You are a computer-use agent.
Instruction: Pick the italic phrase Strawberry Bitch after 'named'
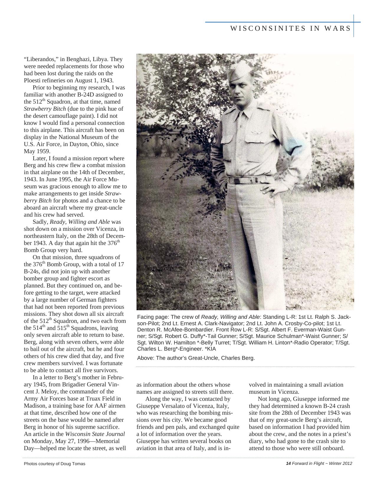(x=45, y=109)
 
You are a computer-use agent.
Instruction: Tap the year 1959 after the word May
(x=43, y=151)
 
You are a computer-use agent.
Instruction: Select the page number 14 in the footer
(x=288, y=463)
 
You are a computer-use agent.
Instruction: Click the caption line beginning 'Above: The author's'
(x=196, y=358)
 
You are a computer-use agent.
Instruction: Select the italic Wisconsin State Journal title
(x=95, y=434)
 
